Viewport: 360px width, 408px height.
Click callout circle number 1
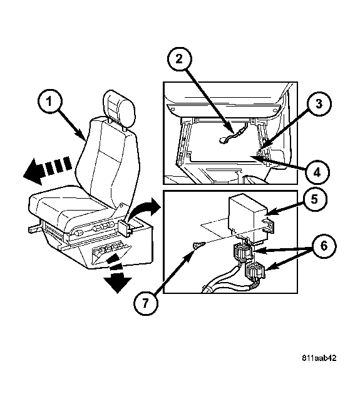(x=49, y=102)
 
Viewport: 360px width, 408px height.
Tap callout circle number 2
(x=179, y=60)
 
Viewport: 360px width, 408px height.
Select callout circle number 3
(x=319, y=103)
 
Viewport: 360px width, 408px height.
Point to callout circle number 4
(x=317, y=172)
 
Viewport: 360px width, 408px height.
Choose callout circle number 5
(x=314, y=199)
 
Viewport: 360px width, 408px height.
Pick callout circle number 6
(x=324, y=246)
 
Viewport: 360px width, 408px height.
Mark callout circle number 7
(x=146, y=303)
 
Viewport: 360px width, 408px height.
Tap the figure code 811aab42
(x=319, y=358)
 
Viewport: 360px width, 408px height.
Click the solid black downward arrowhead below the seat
(x=118, y=284)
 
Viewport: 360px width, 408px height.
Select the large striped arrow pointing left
(x=48, y=169)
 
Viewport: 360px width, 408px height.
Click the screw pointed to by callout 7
(x=199, y=245)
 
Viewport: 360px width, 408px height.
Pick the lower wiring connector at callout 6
(x=255, y=271)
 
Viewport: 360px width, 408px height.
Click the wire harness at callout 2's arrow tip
(x=232, y=137)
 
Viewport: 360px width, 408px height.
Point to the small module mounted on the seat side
(x=124, y=228)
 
